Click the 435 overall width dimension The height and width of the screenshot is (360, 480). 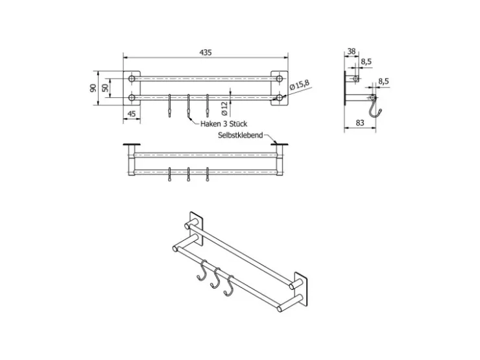tap(206, 53)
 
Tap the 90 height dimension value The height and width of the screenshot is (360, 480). tap(93, 88)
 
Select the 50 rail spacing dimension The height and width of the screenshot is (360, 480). tap(105, 88)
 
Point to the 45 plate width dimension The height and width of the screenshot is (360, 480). tap(131, 114)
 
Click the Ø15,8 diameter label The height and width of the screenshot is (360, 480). tap(300, 85)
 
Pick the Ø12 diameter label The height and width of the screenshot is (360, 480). tap(224, 109)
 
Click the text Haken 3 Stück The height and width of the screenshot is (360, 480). tap(224, 124)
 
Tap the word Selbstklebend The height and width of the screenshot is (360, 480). tap(240, 135)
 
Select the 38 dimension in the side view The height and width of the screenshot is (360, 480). tap(352, 51)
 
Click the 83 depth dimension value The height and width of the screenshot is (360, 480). tap(360, 123)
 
